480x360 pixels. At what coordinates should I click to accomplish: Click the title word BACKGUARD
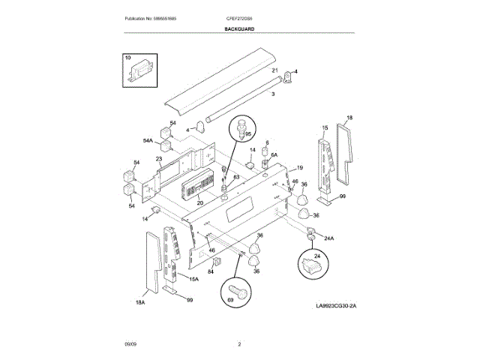tap(239, 28)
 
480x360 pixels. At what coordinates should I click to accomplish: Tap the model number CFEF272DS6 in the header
tap(239, 17)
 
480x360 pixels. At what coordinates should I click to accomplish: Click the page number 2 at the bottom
tap(239, 344)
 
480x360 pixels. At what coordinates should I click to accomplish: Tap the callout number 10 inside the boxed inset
tap(127, 58)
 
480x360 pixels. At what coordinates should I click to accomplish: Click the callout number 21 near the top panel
tap(275, 70)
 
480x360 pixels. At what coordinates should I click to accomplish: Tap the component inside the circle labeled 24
tap(309, 265)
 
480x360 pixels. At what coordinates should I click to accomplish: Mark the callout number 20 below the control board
tap(200, 202)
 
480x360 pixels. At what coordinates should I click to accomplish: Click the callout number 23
tap(159, 159)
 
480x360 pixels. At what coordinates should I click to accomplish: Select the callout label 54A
tap(148, 140)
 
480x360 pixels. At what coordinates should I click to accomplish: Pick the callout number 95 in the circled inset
tap(248, 134)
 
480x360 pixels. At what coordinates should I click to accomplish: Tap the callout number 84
tap(211, 271)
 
